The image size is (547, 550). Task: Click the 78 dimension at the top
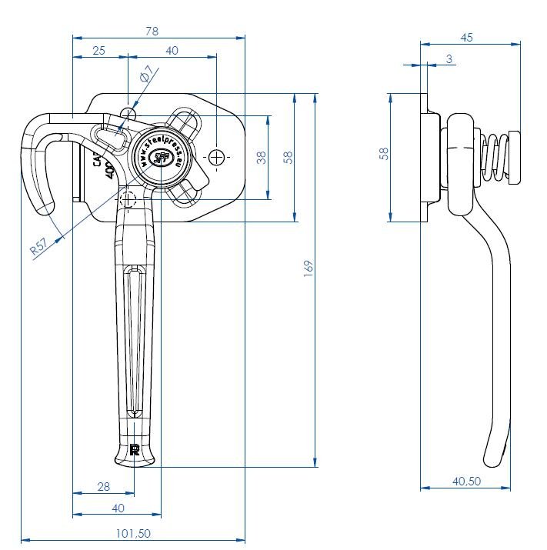coord(152,31)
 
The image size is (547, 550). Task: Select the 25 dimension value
coord(98,51)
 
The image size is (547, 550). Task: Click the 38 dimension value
coord(261,158)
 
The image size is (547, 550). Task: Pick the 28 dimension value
coord(105,485)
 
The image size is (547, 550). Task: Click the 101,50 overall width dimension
coord(132,532)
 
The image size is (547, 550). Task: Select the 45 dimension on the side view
coord(467,38)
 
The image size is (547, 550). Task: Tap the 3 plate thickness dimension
coord(449,58)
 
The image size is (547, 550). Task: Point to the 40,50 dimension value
coord(466,481)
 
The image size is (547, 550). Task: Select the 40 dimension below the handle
coord(118,508)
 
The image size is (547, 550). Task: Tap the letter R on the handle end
coord(135,449)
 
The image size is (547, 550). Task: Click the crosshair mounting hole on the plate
coord(217,157)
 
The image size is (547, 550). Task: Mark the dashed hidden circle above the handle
coord(128,200)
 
